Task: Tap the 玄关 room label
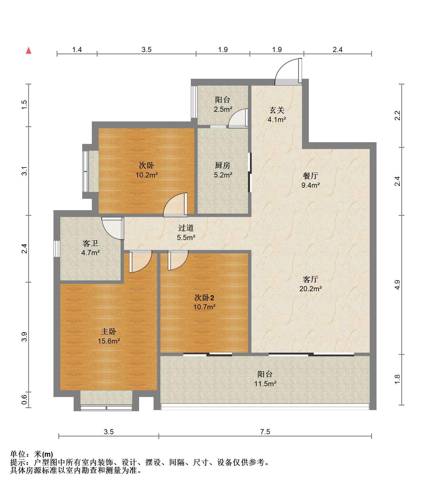point(277,110)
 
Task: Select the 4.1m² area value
point(277,119)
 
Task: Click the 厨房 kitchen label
point(223,165)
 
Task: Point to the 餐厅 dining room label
point(310,176)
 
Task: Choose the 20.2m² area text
point(311,289)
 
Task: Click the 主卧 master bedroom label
point(109,331)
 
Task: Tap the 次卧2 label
point(204,298)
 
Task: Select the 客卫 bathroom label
point(90,243)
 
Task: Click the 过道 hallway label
point(186,228)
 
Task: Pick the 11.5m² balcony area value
point(265,384)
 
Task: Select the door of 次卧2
point(178,260)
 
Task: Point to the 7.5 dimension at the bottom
point(265,432)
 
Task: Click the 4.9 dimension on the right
point(397,285)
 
